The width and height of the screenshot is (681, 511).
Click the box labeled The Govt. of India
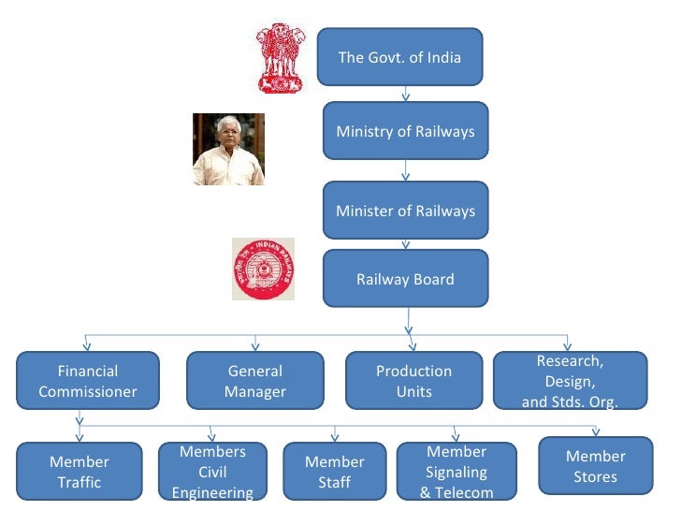click(x=399, y=58)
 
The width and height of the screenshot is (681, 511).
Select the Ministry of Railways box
click(x=405, y=131)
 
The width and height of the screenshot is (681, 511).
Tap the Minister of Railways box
click(x=405, y=211)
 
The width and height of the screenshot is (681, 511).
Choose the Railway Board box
click(x=405, y=279)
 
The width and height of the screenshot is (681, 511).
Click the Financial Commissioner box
click(x=88, y=381)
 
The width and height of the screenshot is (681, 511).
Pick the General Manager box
click(x=254, y=381)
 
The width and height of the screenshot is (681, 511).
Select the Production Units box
click(x=413, y=381)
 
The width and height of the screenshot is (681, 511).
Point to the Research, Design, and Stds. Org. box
click(x=570, y=381)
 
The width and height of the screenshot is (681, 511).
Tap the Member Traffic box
click(x=80, y=472)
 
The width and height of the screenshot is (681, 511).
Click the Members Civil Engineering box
click(x=212, y=472)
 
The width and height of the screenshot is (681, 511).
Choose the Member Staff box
click(x=334, y=472)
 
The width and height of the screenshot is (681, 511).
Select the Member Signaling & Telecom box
click(x=456, y=472)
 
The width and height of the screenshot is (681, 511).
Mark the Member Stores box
click(x=595, y=466)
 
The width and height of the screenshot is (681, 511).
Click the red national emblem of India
click(x=280, y=58)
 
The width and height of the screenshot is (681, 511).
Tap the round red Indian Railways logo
click(x=263, y=270)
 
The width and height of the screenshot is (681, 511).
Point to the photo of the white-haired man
click(x=228, y=150)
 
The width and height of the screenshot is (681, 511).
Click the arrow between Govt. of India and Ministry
click(x=405, y=95)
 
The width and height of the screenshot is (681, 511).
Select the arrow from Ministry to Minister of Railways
click(x=405, y=171)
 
